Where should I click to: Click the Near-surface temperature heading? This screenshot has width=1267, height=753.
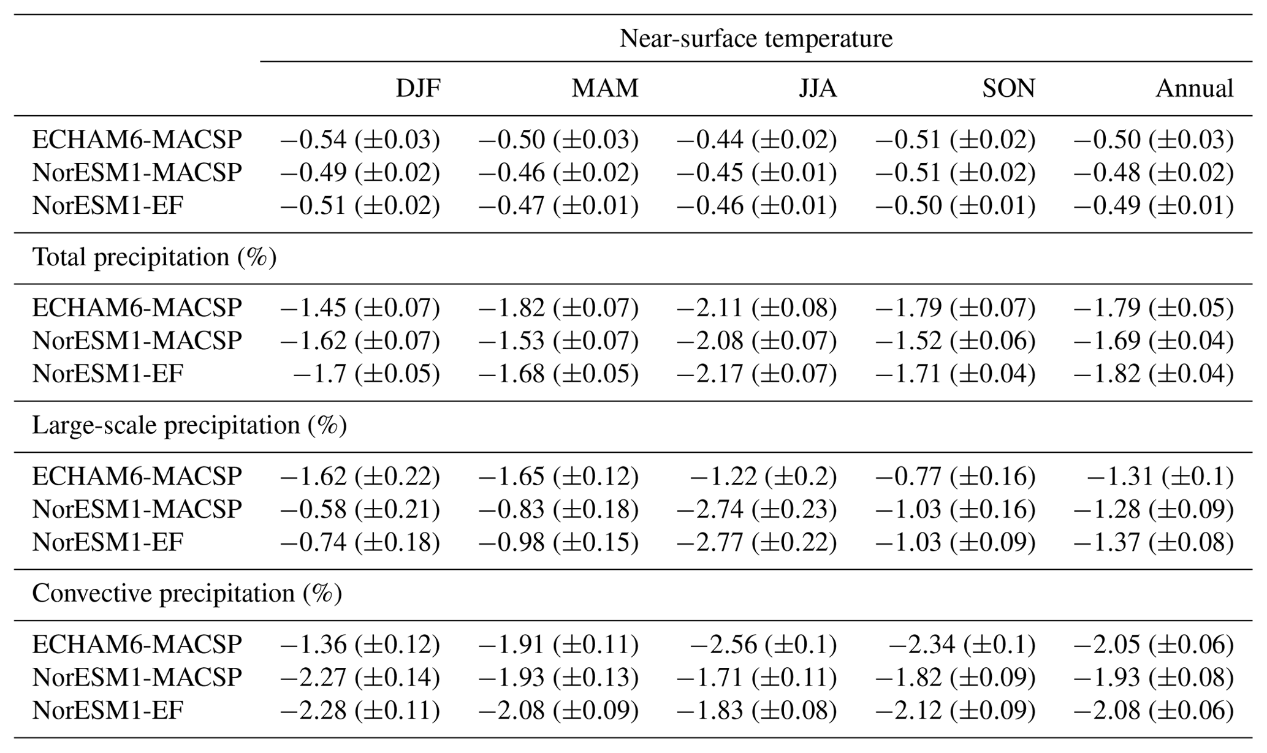pyautogui.click(x=756, y=39)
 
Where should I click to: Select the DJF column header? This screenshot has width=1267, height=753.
pyautogui.click(x=418, y=89)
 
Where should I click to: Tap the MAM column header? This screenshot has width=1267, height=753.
pyautogui.click(x=605, y=89)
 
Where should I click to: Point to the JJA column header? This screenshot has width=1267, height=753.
pyautogui.click(x=818, y=89)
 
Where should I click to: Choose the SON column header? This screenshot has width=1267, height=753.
pyautogui.click(x=1008, y=89)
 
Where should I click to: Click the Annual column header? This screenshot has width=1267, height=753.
pyautogui.click(x=1194, y=89)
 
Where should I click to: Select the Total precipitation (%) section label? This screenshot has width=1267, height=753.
pyautogui.click(x=154, y=257)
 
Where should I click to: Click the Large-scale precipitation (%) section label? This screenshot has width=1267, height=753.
pyautogui.click(x=189, y=425)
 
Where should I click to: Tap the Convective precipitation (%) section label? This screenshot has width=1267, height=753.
pyautogui.click(x=187, y=593)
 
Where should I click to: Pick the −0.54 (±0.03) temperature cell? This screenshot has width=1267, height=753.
pyautogui.click(x=360, y=140)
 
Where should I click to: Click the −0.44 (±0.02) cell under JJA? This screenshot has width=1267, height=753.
pyautogui.click(x=756, y=140)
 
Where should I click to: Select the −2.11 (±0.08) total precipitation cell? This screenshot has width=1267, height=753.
pyautogui.click(x=756, y=308)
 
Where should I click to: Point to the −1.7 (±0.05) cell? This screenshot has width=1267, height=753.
pyautogui.click(x=367, y=374)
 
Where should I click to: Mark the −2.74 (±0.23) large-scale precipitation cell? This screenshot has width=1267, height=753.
pyautogui.click(x=756, y=509)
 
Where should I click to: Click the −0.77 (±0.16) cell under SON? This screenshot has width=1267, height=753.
pyautogui.click(x=955, y=476)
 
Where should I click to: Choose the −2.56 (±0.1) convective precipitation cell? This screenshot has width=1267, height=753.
pyautogui.click(x=763, y=645)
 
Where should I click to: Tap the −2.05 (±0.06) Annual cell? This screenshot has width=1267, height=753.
pyautogui.click(x=1153, y=645)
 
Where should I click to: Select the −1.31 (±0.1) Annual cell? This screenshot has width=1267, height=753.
pyautogui.click(x=1160, y=476)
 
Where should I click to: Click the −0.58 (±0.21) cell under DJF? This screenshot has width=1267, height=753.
pyautogui.click(x=360, y=509)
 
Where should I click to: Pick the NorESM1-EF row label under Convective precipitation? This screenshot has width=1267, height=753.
pyautogui.click(x=108, y=711)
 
